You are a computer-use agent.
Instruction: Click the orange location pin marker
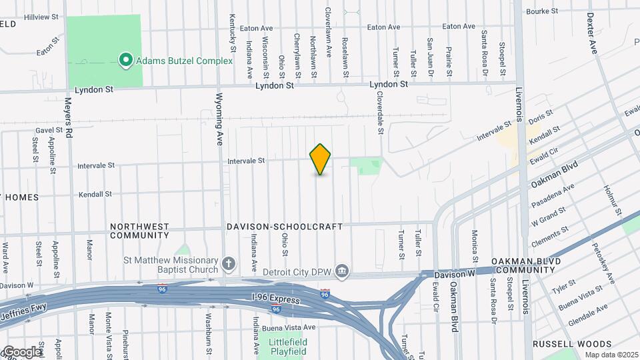click(321, 159)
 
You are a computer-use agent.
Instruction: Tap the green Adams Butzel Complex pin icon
click(125, 61)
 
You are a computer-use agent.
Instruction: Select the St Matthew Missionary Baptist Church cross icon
click(229, 264)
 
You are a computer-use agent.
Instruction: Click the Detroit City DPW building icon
click(342, 270)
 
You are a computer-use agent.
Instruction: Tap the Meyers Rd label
click(68, 119)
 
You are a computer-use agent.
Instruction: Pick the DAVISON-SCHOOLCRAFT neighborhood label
click(285, 227)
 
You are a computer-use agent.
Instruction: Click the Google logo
click(21, 351)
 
